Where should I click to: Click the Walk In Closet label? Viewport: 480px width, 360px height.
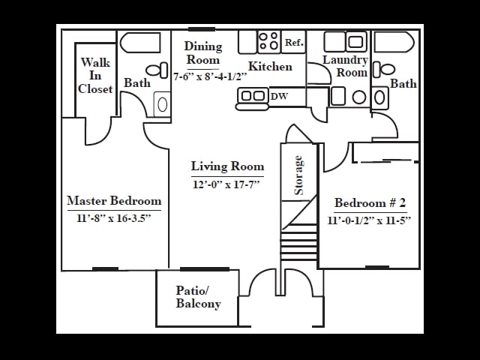coord(95,76)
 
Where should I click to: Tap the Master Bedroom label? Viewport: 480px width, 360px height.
coord(114,201)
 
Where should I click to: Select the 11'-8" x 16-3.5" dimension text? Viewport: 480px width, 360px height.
coord(114,218)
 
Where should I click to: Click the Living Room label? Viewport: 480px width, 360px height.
coord(227,166)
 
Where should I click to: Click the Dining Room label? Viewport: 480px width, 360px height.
coord(203,53)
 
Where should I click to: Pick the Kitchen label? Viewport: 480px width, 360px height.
coord(270,67)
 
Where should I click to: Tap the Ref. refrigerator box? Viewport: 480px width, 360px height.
coord(294,43)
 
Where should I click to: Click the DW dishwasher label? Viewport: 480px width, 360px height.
coord(279,96)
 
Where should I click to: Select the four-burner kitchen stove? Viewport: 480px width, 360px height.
coord(268,41)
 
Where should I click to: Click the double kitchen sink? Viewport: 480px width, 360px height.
coord(253,96)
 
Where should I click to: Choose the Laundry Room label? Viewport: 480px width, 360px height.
coord(346,66)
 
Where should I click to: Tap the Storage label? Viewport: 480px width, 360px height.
coord(298,175)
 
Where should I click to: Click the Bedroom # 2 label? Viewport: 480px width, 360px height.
coord(370,203)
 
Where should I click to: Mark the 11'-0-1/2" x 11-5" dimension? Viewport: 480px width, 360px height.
coord(370,220)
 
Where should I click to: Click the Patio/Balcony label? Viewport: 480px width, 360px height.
coord(198,297)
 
